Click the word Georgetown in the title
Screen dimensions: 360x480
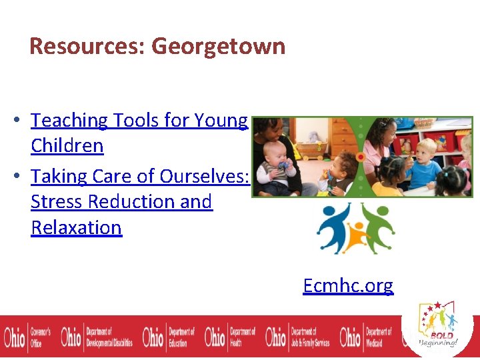pos(218,47)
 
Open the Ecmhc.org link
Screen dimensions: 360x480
pos(347,285)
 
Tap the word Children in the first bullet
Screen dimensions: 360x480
pos(67,145)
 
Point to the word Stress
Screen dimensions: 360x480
pos(60,201)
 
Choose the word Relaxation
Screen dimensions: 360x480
pos(76,227)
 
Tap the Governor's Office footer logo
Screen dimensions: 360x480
pos(27,337)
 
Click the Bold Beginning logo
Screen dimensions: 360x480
pos(437,324)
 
